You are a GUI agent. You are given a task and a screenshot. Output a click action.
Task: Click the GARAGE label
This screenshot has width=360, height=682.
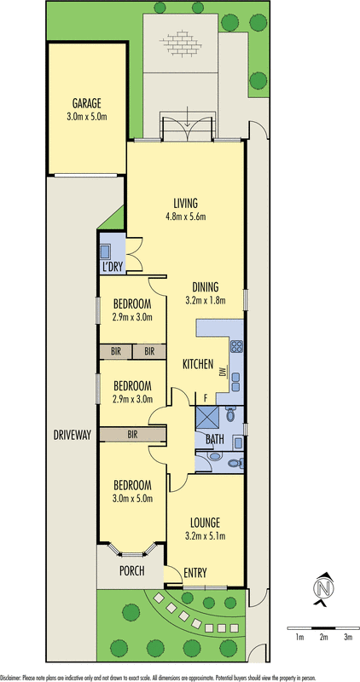[87, 103]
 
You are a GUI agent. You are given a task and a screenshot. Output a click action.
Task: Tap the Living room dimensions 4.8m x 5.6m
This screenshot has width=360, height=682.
[186, 216]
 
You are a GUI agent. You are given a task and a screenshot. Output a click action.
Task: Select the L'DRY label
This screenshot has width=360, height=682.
[113, 267]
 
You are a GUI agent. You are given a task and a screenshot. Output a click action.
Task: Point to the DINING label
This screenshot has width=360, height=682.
[206, 286]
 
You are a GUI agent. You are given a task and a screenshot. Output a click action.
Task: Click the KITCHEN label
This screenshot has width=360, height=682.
[198, 364]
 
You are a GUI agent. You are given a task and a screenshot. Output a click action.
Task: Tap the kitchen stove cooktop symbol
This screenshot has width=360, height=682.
[236, 346]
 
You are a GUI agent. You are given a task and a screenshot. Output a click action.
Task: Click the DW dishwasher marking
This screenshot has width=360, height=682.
[223, 372]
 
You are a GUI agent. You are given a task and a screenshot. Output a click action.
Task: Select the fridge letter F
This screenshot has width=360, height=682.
[206, 397]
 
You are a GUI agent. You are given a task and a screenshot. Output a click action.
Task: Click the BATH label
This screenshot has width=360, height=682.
[215, 439]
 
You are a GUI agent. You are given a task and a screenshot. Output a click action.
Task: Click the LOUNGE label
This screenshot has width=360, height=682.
[205, 523]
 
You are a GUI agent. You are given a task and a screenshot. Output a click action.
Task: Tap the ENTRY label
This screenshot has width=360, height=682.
[195, 573]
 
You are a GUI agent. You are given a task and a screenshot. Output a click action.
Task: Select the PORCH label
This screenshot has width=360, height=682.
[132, 570]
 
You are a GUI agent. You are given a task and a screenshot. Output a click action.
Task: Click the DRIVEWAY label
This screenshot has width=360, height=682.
[73, 435]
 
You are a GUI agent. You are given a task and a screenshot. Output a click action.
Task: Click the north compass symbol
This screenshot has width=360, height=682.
[323, 589]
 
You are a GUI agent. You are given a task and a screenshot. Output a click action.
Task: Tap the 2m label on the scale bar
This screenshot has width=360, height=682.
[323, 638]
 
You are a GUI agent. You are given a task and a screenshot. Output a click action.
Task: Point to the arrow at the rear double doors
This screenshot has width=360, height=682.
[187, 117]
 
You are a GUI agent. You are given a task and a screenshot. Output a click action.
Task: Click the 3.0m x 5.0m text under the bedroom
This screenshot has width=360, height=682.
[133, 499]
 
